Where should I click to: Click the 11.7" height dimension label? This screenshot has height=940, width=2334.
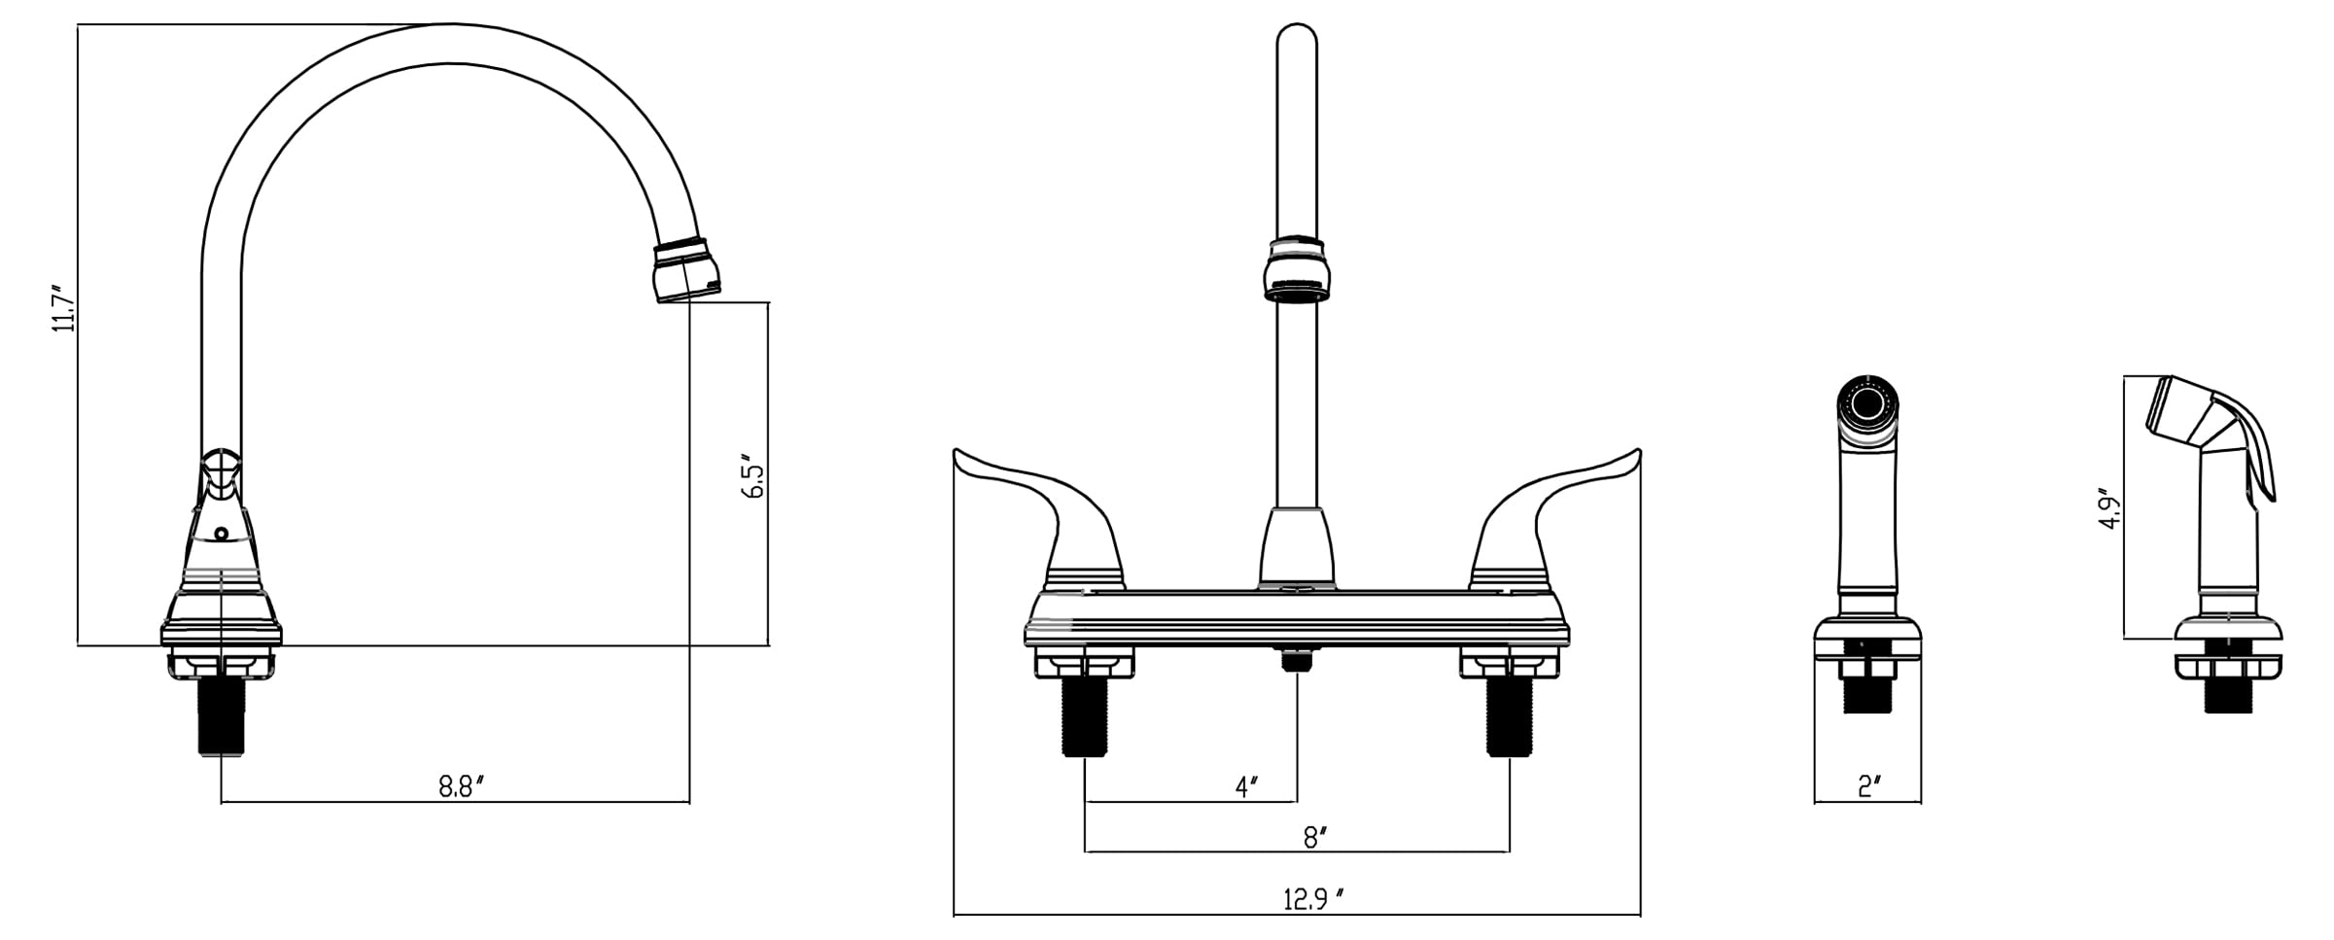pyautogui.click(x=64, y=309)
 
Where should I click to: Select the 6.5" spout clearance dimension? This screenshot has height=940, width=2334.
pyautogui.click(x=752, y=475)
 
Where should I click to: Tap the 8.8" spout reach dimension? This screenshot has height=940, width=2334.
pyautogui.click(x=461, y=786)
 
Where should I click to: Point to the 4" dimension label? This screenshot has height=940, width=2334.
pyautogui.click(x=1246, y=786)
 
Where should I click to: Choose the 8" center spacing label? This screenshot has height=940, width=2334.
pyautogui.click(x=1315, y=837)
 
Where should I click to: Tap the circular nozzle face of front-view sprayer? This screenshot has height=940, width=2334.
pyautogui.click(x=1867, y=401)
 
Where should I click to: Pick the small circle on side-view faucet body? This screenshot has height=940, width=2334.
pyautogui.click(x=222, y=534)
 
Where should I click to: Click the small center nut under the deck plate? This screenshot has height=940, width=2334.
pyautogui.click(x=1296, y=660)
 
